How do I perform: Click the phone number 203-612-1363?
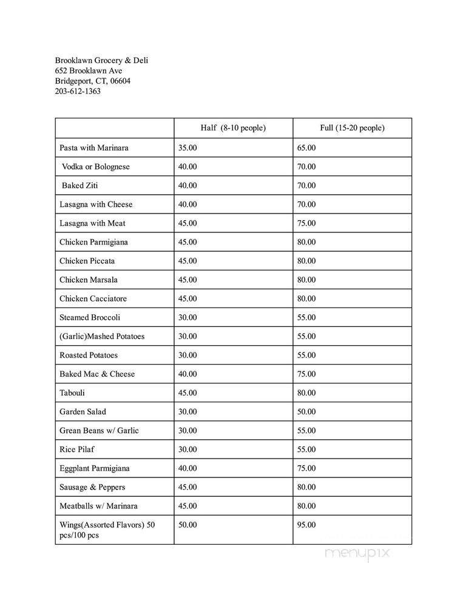78,92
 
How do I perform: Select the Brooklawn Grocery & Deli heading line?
101,61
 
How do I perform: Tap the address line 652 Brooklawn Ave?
89,71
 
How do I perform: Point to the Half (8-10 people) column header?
233,128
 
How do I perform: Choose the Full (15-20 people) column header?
352,128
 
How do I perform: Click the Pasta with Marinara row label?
94,148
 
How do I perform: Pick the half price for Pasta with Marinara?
187,148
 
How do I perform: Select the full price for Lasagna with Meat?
306,223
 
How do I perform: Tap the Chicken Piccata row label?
87,261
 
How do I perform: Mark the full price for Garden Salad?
306,411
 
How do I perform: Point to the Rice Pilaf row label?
77,450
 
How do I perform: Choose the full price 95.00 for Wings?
306,525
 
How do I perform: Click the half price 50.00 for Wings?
187,525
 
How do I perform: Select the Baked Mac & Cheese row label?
97,374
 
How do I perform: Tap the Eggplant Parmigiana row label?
94,468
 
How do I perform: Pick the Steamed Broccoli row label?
90,317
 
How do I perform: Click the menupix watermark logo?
357,553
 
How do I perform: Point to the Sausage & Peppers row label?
92,487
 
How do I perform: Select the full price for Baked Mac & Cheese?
306,374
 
